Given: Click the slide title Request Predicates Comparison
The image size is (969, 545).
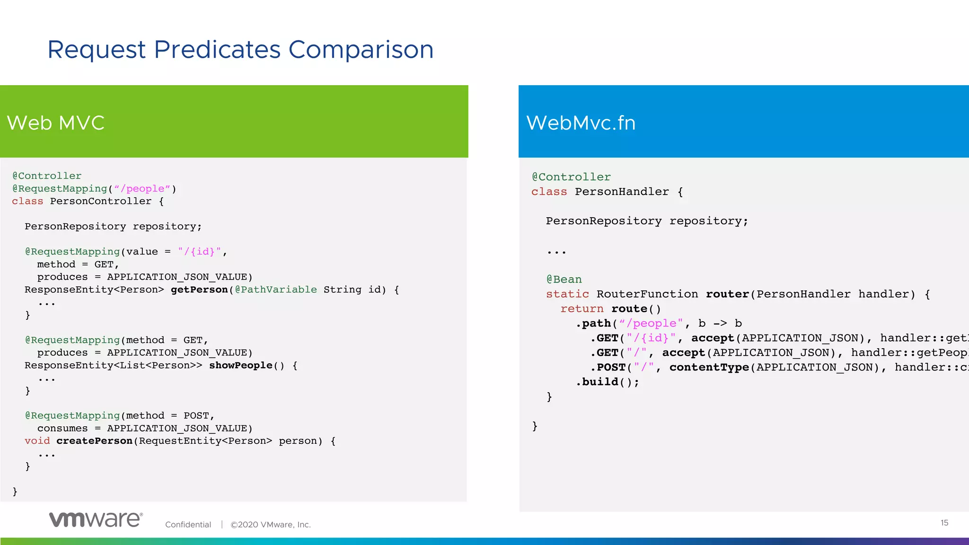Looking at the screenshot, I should [240, 50].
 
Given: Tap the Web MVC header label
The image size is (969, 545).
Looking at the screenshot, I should [55, 123].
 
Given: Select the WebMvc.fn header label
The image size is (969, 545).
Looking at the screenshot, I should [581, 123].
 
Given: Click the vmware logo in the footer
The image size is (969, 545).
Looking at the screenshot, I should [96, 519].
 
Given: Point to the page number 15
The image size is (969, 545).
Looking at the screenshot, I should [944, 523].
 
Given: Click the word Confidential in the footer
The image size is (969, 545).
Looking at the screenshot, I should [188, 525].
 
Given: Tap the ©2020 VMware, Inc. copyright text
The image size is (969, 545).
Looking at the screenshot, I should [270, 525].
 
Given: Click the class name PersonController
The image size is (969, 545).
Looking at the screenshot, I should [101, 201].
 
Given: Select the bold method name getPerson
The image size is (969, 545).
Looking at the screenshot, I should [199, 290].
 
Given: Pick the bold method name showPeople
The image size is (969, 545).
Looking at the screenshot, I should [241, 365].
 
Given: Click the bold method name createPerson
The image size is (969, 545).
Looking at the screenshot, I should [95, 441].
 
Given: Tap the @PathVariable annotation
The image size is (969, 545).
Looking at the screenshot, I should [276, 290].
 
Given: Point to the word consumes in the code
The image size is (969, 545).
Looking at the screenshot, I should [62, 428].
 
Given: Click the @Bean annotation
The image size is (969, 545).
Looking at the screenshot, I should [564, 280].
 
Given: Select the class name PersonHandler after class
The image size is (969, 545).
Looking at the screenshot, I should [622, 192].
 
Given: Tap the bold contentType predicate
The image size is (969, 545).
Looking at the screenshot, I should [709, 368].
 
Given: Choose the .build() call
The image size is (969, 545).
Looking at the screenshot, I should [608, 382].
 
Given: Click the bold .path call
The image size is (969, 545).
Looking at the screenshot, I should [594, 324].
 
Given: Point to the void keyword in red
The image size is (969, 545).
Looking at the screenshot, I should [37, 441].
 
